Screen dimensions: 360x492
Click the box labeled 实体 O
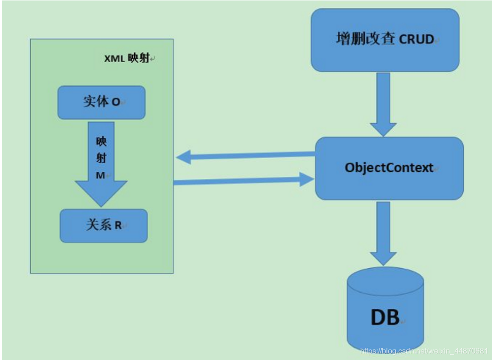point(101,102)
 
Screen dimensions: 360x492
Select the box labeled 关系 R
point(104,225)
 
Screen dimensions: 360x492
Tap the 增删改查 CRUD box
point(385,40)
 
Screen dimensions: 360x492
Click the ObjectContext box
point(389,168)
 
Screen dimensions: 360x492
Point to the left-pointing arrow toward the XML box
point(245,156)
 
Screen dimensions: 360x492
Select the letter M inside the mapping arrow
point(101,175)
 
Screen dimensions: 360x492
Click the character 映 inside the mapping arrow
point(101,142)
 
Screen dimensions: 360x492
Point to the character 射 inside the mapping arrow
point(101,158)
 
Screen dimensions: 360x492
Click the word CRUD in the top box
point(416,40)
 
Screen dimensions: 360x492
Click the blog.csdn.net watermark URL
point(424,351)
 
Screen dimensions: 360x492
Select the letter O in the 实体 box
point(116,102)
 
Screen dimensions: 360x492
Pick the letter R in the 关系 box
point(118,226)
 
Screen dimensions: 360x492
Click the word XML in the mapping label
point(114,59)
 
